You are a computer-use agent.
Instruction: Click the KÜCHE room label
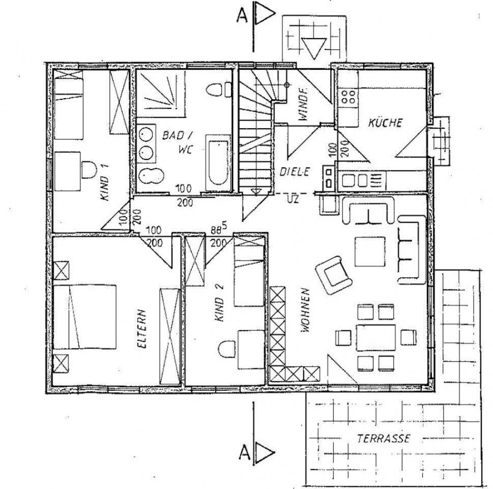tap(385, 123)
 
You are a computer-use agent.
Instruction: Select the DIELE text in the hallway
tap(294, 173)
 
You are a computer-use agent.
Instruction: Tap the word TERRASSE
tap(383, 439)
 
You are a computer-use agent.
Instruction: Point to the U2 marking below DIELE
tap(293, 199)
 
